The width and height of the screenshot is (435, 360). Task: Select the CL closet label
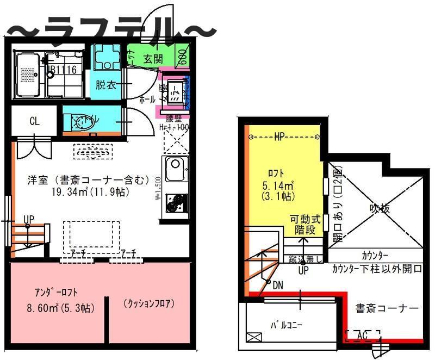pos(34,121)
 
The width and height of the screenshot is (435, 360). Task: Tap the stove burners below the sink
pos(175,202)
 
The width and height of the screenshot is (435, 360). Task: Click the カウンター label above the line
pos(375,255)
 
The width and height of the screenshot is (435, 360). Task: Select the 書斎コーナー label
pos(387,308)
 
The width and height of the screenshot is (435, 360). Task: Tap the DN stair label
pos(277,284)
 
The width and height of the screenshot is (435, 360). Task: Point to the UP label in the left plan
pos(29,220)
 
